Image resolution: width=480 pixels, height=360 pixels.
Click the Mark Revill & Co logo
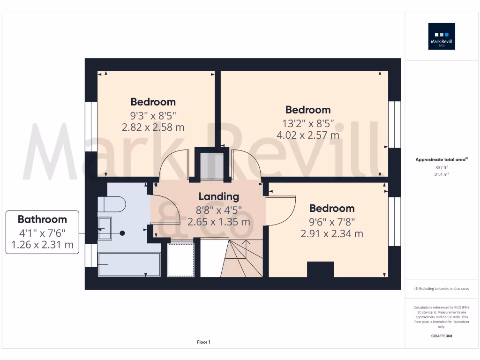pos(442,37)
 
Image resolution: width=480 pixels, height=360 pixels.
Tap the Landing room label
pos(218,197)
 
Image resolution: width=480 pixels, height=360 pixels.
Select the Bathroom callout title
pos(42,219)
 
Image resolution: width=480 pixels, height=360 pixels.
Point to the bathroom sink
pos(105,228)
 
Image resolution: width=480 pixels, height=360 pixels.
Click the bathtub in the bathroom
pos(128,265)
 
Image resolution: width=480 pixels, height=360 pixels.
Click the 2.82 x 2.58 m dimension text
pos(153,127)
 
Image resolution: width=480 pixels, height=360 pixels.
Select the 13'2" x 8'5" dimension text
pos(308,123)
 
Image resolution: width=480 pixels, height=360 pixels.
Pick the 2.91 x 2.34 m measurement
pos(331,233)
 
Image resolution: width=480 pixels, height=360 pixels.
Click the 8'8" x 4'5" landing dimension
pos(218,210)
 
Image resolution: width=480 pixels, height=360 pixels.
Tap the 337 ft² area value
pos(442,167)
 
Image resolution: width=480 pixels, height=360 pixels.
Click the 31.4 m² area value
pos(442,174)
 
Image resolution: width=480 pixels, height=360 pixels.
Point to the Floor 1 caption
pos(203,343)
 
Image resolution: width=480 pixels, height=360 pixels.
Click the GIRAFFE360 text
pos(442,336)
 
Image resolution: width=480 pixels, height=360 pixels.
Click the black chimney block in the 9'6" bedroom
pos(320,270)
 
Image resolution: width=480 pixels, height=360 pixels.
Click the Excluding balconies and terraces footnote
pos(442,289)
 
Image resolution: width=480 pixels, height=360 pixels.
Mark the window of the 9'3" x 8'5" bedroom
pos(88,127)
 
